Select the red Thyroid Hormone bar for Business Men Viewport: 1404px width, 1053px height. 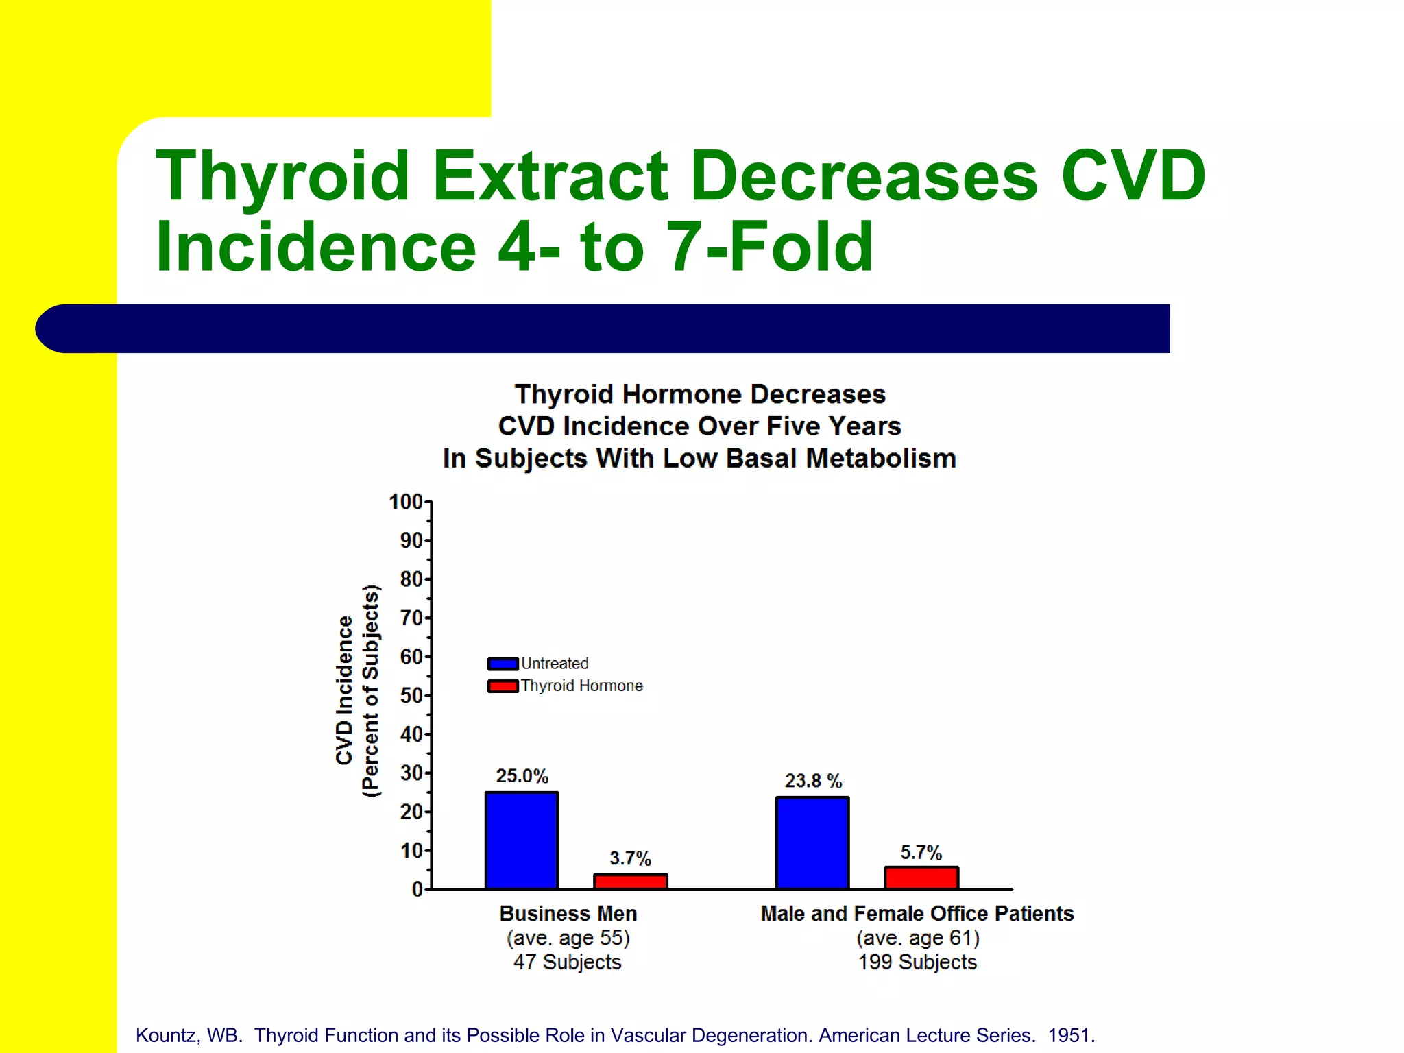[630, 882]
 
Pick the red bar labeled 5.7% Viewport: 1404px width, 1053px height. [921, 878]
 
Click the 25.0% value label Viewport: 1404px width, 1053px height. [522, 776]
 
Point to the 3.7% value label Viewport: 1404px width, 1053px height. [630, 858]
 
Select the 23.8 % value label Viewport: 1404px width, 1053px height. [813, 781]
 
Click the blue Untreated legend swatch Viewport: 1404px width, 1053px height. [503, 664]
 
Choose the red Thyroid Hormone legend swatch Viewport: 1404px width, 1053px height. [503, 686]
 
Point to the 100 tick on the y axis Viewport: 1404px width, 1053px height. [406, 502]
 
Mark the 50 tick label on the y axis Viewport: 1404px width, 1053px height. [411, 696]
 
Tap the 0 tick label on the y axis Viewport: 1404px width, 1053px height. [417, 890]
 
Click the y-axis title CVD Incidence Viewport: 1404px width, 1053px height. [344, 690]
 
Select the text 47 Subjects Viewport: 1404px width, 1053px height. [567, 962]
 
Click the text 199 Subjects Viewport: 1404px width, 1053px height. [917, 962]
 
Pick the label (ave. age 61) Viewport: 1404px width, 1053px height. [917, 938]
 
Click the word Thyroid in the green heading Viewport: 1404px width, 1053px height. [282, 176]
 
